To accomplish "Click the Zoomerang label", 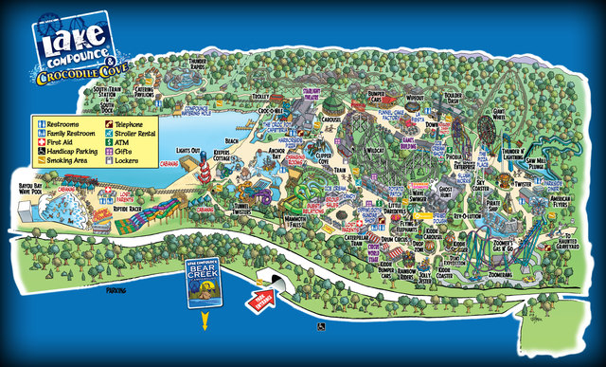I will click(499, 273).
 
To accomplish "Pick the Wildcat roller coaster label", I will click(374, 150).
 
